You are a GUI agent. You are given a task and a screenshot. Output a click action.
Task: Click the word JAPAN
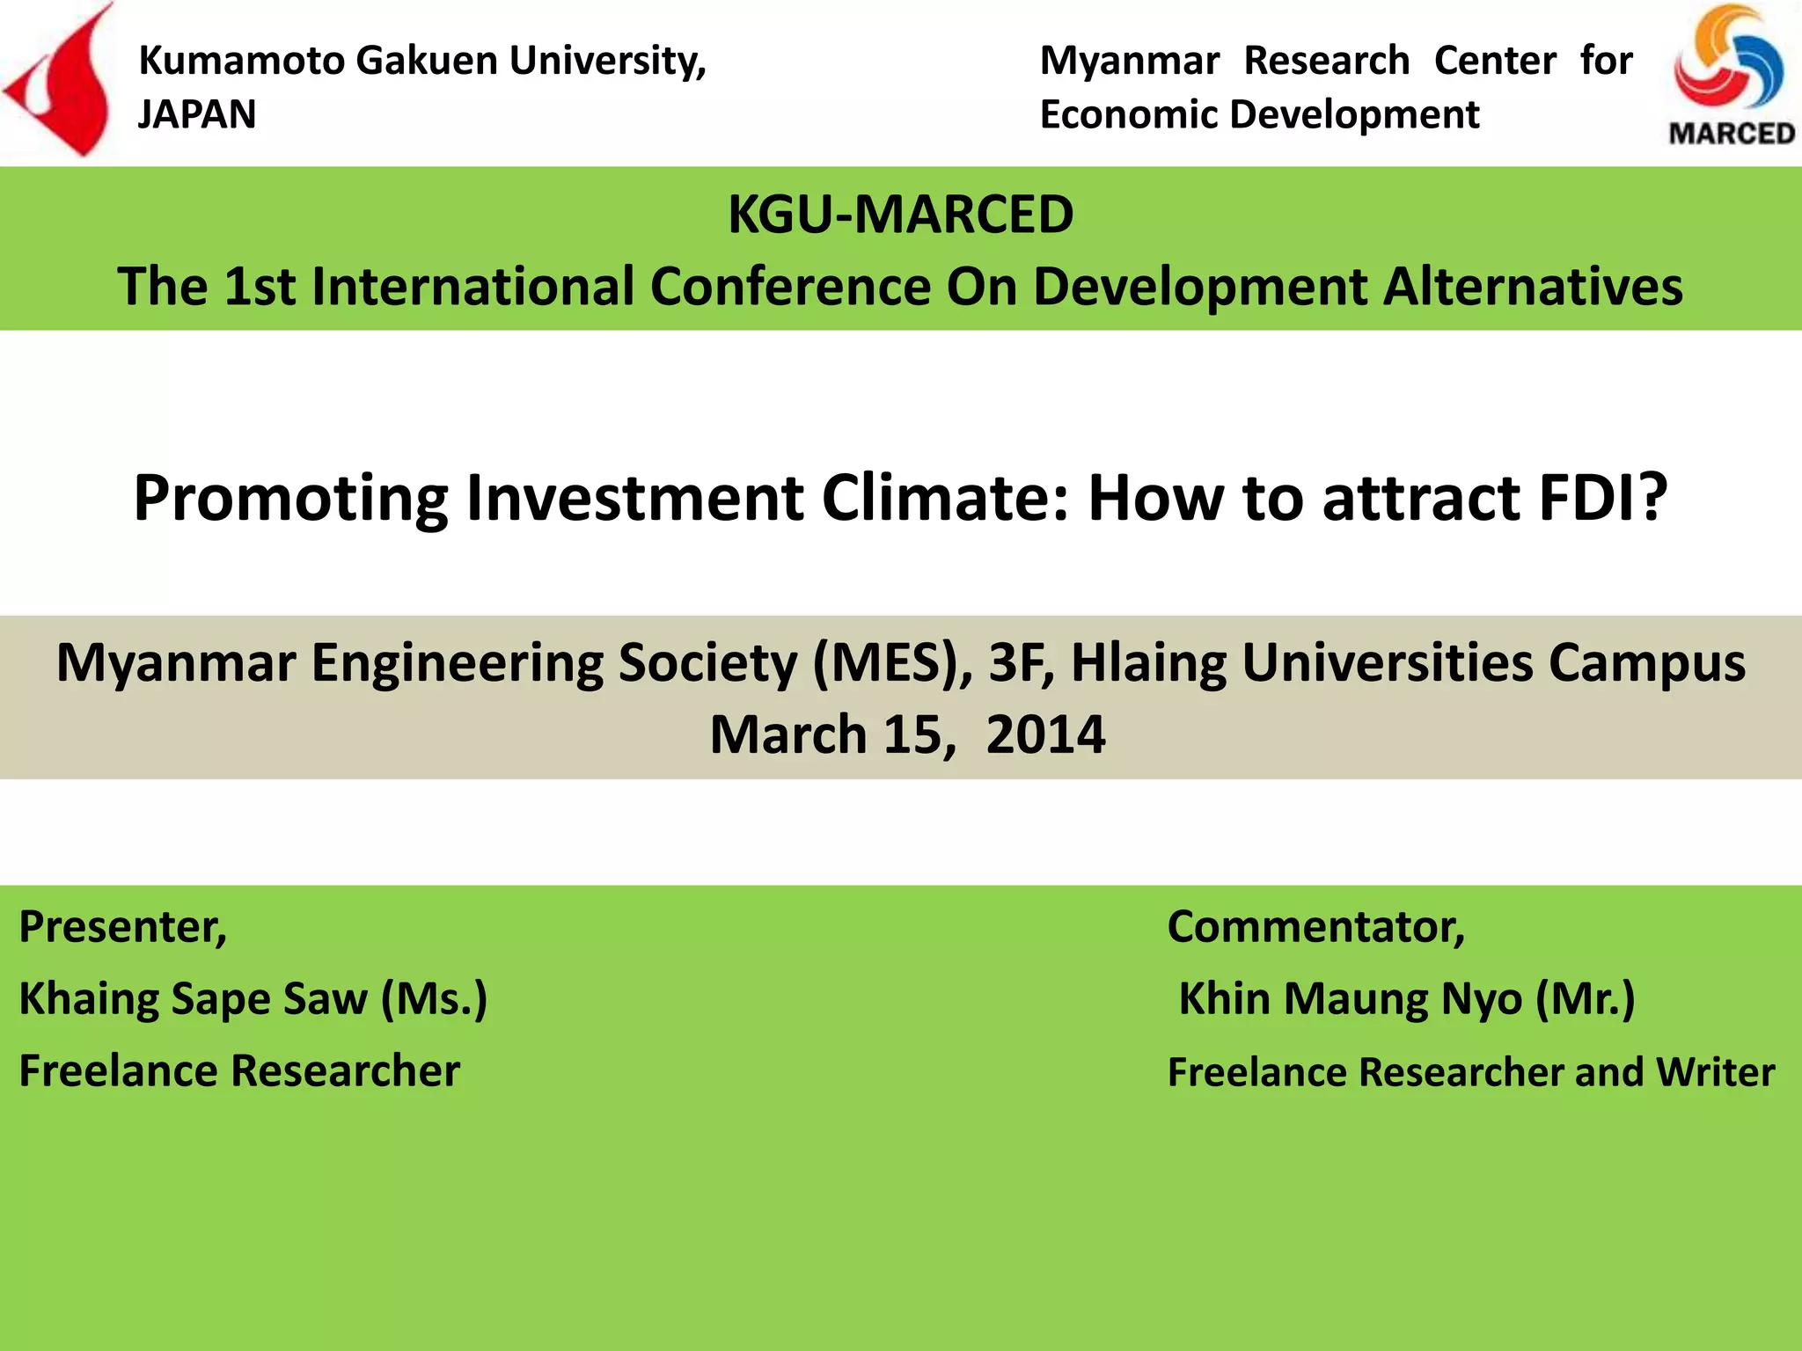(197, 114)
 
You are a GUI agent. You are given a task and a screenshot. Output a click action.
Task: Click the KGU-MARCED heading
(900, 214)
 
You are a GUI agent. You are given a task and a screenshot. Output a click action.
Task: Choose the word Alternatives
(1533, 287)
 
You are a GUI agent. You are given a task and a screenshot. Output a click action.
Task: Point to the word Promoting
(290, 498)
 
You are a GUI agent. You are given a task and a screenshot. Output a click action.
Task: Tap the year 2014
(1045, 734)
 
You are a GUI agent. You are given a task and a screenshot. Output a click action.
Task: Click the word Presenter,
(123, 927)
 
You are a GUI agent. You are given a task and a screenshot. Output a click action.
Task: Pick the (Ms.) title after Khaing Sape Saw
(434, 999)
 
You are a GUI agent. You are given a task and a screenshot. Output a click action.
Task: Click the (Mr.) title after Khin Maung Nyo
(1585, 999)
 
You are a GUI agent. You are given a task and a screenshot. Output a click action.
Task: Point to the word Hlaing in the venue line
(1147, 662)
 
